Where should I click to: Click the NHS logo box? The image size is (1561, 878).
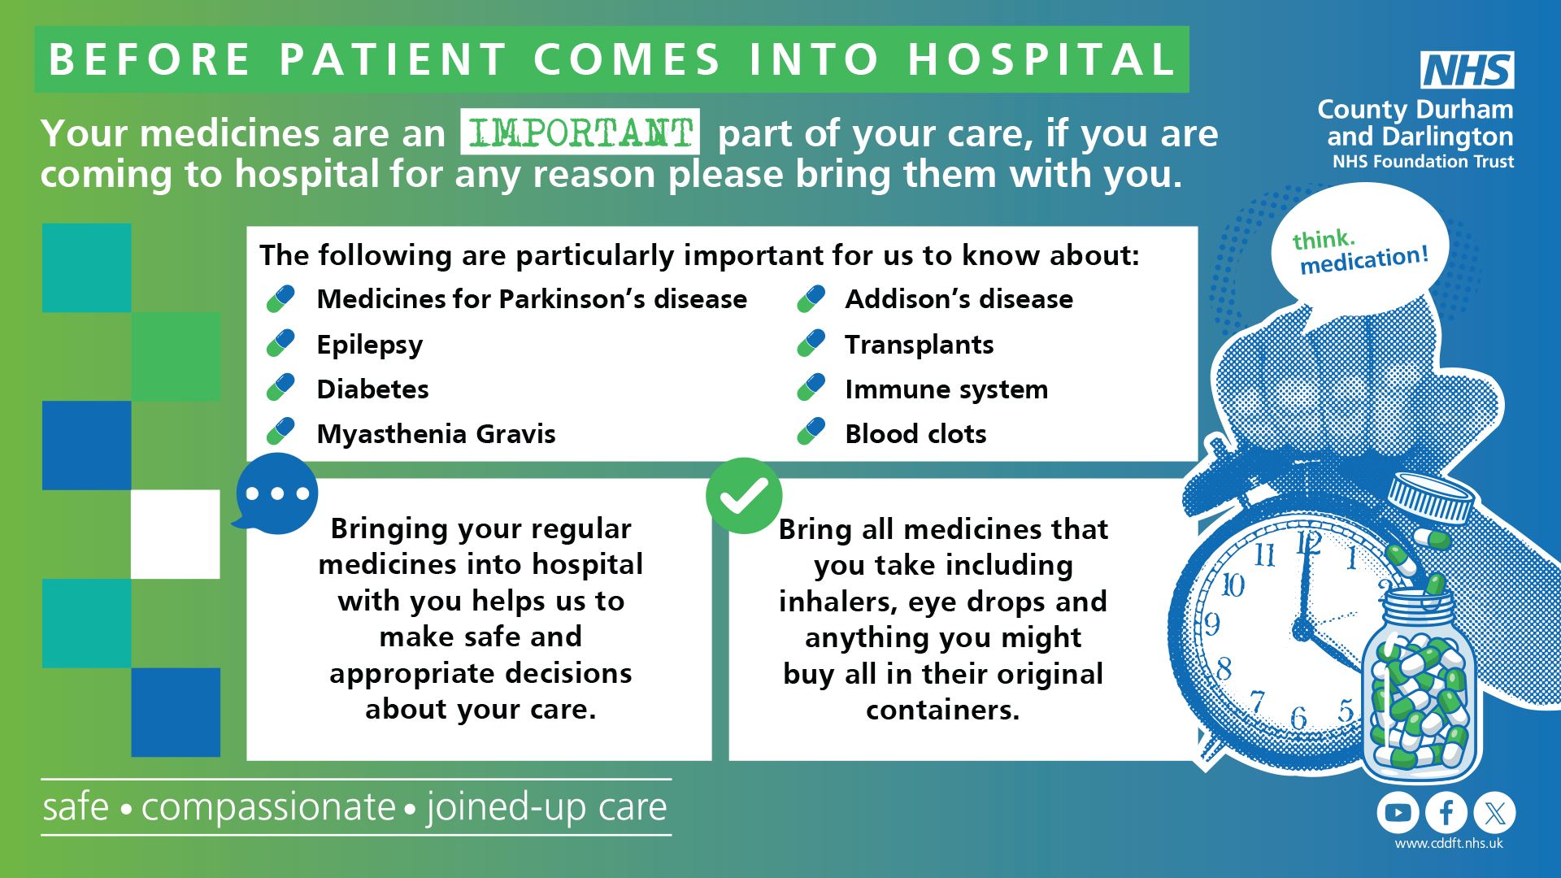pyautogui.click(x=1468, y=71)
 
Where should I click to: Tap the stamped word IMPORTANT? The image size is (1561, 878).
pyautogui.click(x=580, y=132)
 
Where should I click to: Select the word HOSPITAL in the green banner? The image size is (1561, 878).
pyautogui.click(x=1041, y=59)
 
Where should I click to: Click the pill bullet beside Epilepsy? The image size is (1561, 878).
pyautogui.click(x=280, y=344)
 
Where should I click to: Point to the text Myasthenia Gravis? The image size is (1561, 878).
pyautogui.click(x=436, y=434)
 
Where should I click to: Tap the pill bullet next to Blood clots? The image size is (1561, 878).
pyautogui.click(x=811, y=432)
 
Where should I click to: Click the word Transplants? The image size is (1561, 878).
pyautogui.click(x=919, y=345)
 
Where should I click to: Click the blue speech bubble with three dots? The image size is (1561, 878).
pyautogui.click(x=276, y=493)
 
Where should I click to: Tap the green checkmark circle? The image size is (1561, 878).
pyautogui.click(x=744, y=495)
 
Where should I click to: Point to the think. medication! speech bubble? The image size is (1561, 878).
pyautogui.click(x=1359, y=248)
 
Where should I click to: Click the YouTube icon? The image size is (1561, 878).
pyautogui.click(x=1398, y=812)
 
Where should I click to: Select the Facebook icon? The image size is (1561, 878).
pyautogui.click(x=1446, y=812)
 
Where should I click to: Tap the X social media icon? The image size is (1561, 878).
pyautogui.click(x=1494, y=812)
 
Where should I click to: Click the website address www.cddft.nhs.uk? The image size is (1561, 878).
pyautogui.click(x=1449, y=844)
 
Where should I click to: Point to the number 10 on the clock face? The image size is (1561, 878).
pyautogui.click(x=1233, y=585)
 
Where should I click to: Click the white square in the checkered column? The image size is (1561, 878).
pyautogui.click(x=176, y=534)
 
